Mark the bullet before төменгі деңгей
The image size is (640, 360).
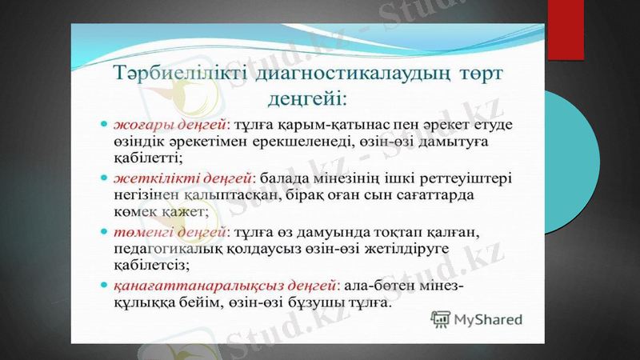coord(104,231)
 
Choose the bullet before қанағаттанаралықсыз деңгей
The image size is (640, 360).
coord(104,284)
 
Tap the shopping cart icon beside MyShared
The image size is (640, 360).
coord(440,320)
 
